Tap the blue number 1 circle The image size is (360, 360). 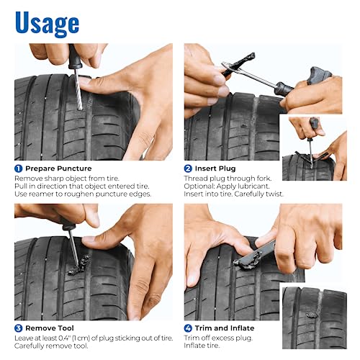tap(19, 168)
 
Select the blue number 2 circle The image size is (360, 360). tap(189, 168)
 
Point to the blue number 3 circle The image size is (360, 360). tap(19, 328)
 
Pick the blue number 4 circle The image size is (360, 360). tap(189, 328)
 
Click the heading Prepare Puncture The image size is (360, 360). tap(58, 168)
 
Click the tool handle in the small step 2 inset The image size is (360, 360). tap(315, 123)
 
